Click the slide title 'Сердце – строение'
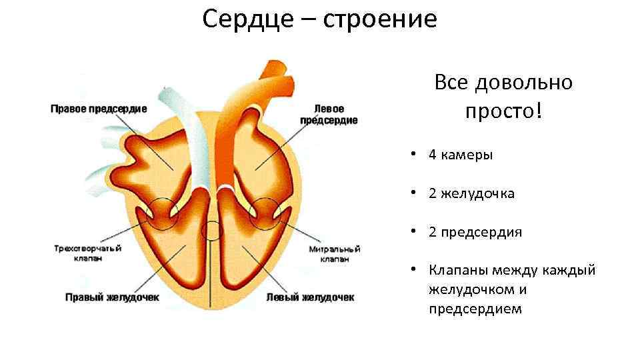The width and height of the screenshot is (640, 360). (x=320, y=19)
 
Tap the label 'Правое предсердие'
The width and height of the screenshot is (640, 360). (x=99, y=109)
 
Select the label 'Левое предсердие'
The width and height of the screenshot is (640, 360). (x=328, y=114)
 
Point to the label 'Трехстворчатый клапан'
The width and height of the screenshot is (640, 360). (x=88, y=253)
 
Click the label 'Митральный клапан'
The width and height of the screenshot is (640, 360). (x=334, y=253)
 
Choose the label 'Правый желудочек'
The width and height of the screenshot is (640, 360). (x=111, y=297)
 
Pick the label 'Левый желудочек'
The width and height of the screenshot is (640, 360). (x=310, y=297)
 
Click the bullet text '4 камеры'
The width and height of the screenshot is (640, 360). (x=461, y=155)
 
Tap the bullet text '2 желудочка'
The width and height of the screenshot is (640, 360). (x=471, y=194)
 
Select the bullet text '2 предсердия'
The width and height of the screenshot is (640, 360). (x=475, y=232)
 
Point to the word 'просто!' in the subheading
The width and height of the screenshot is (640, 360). (x=503, y=111)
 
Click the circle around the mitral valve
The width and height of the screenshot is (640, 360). (x=264, y=213)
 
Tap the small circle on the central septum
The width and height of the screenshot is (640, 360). (x=212, y=230)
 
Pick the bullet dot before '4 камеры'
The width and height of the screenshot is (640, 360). (x=414, y=155)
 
